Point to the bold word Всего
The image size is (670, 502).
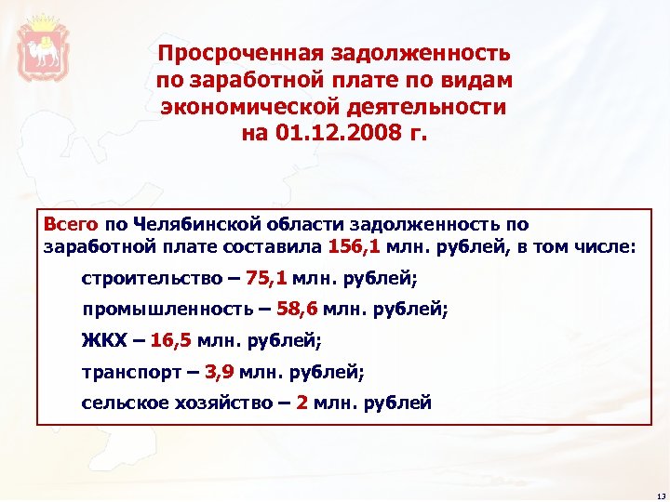click(71, 223)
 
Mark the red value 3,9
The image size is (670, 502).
click(220, 372)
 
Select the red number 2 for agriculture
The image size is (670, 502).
click(301, 403)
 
